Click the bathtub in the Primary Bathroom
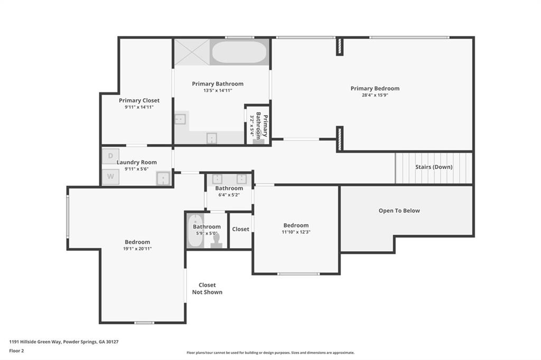[x=239, y=52]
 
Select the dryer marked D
[x=110, y=156]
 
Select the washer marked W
[x=110, y=177]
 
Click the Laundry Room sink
[x=164, y=178]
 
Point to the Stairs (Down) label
[x=433, y=167]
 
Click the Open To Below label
[x=399, y=211]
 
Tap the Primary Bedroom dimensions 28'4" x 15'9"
[x=375, y=96]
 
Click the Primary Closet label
[x=139, y=100]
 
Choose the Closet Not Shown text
[x=207, y=288]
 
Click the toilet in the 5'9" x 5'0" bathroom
[x=216, y=241]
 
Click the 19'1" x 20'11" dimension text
[x=137, y=249]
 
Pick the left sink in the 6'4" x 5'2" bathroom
[x=217, y=179]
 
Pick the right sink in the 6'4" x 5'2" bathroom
[x=241, y=179]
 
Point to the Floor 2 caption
[x=16, y=350]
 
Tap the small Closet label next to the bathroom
[x=240, y=229]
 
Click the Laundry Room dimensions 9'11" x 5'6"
[x=136, y=169]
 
